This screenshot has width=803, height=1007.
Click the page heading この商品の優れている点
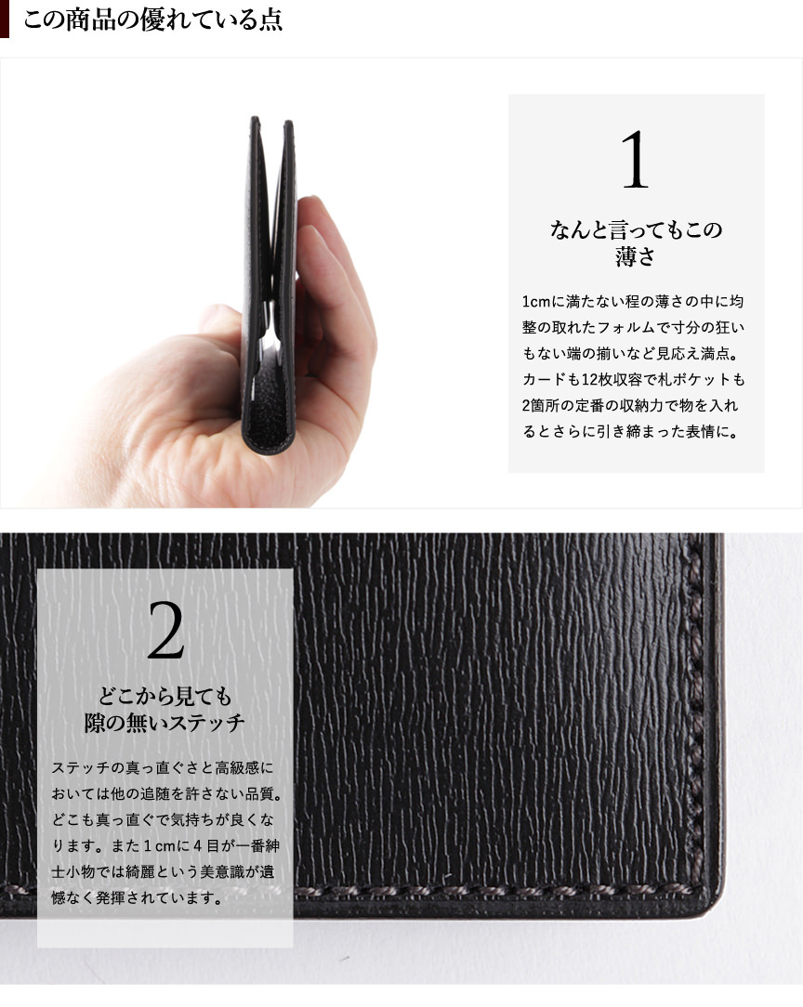[153, 20]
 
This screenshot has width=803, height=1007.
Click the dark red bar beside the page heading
[5, 19]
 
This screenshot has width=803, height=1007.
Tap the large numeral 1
[636, 159]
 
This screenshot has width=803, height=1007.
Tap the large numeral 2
[165, 631]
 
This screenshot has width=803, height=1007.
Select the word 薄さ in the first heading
[636, 256]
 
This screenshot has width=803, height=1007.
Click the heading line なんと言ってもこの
[636, 229]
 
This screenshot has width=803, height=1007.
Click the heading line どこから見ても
[165, 696]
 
